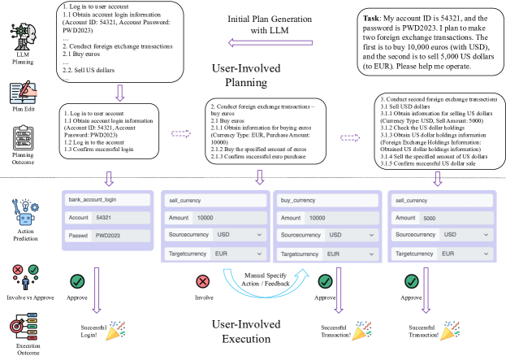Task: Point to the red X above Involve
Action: [202, 281]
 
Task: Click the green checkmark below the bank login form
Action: [78, 281]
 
